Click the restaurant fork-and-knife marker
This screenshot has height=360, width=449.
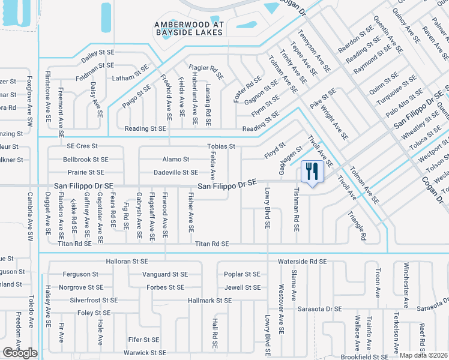point(312,172)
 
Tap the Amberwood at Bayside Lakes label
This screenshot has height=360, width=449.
point(188,28)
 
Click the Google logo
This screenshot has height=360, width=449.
point(20,353)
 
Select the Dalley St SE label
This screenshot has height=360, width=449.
point(97,53)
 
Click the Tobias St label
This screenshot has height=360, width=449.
point(221,146)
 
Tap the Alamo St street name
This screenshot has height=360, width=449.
point(176,160)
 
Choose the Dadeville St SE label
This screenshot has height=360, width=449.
point(176,173)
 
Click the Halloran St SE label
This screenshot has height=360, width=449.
point(127,262)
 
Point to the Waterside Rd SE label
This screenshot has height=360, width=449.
point(302,262)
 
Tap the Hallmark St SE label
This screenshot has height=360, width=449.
point(205,299)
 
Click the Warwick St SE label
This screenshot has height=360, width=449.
point(145,353)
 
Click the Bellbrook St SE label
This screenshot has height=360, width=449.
point(86,160)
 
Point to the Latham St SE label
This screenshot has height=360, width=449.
point(130,79)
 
